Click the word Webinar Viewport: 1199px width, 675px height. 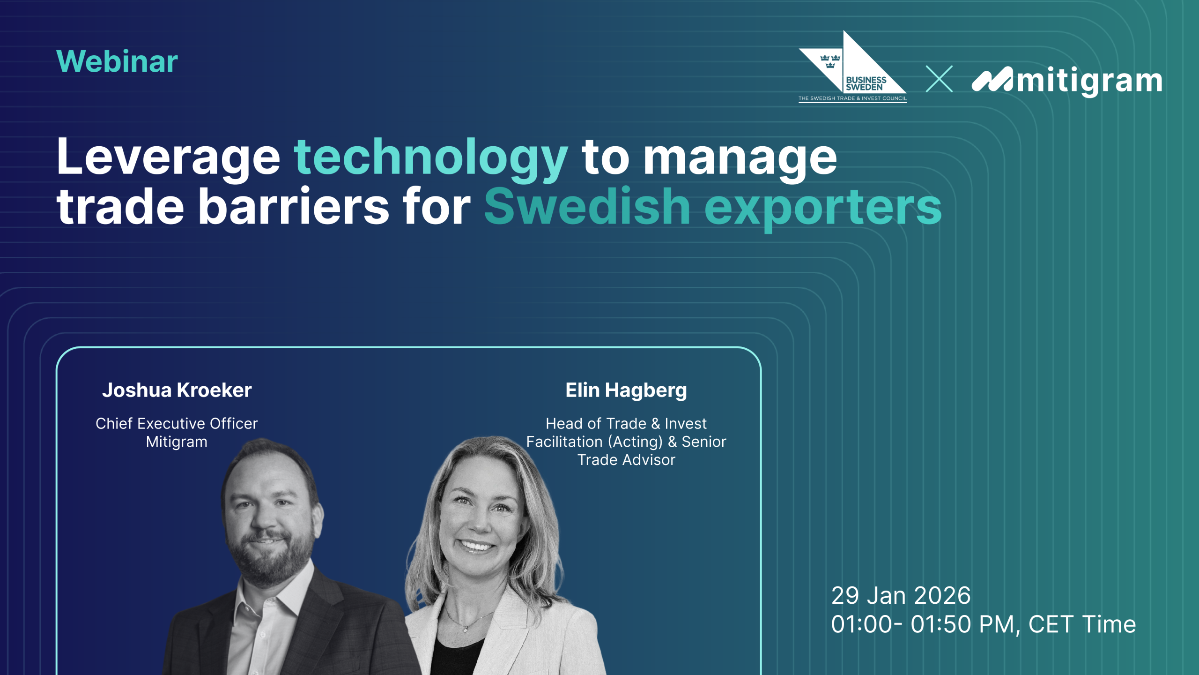tap(117, 61)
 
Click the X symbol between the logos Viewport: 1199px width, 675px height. tap(939, 79)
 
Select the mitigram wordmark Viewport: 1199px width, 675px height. tap(1067, 81)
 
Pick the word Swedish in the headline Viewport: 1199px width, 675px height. tap(587, 206)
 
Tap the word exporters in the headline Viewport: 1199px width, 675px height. tap(823, 209)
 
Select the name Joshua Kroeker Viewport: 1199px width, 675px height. tap(177, 390)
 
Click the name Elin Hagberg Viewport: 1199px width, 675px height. tap(626, 390)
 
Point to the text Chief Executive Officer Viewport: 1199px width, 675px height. tap(177, 423)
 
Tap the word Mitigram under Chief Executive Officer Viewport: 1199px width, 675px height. tap(177, 442)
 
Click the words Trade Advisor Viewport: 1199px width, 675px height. tap(626, 460)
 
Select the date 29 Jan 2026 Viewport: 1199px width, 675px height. tap(901, 595)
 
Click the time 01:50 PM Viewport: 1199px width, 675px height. tap(962, 624)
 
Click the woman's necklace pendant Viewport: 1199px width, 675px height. tap(465, 630)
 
